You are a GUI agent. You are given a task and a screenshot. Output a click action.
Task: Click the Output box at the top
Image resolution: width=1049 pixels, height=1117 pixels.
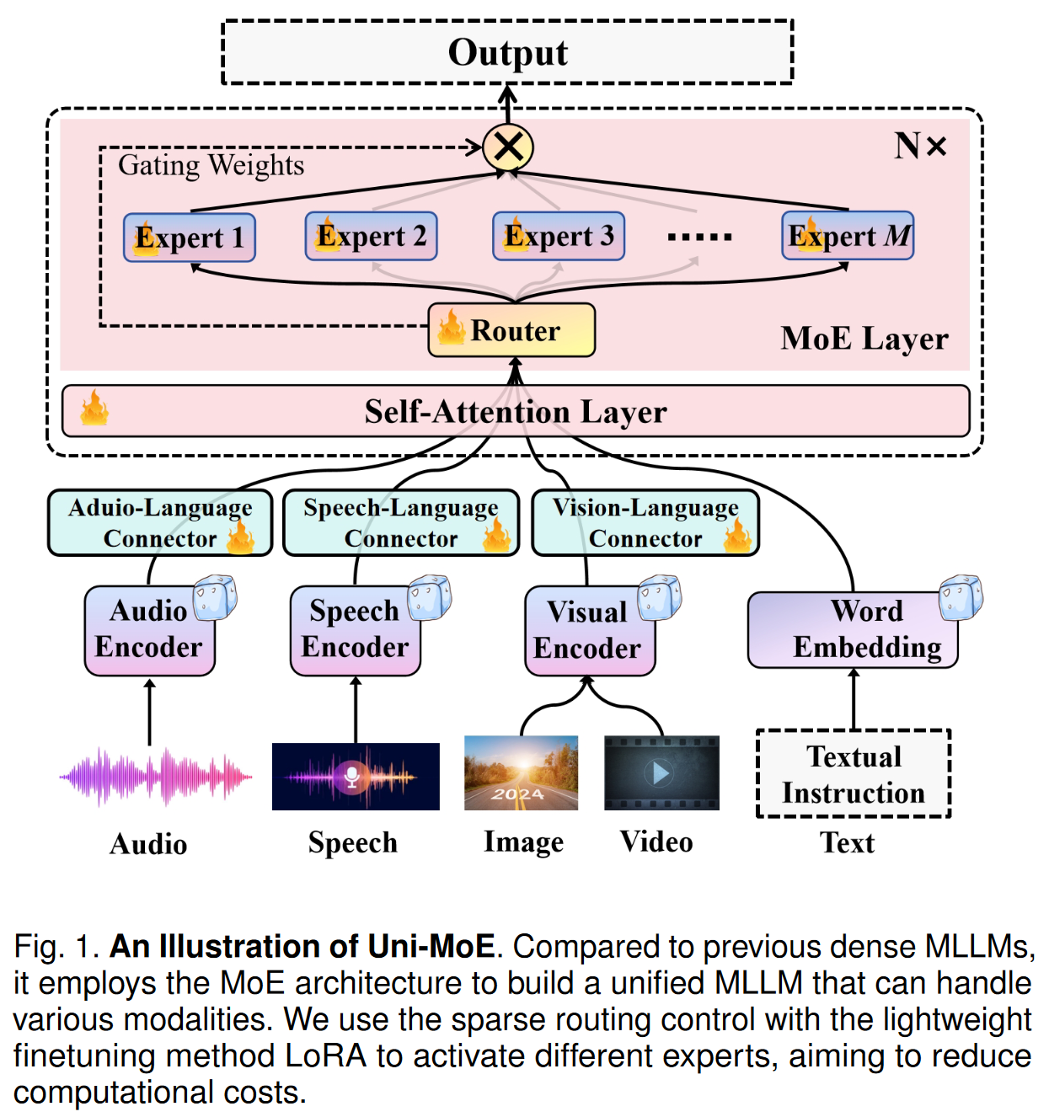(x=507, y=52)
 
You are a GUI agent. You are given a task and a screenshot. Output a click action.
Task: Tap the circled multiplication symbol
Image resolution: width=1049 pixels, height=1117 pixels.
(x=508, y=147)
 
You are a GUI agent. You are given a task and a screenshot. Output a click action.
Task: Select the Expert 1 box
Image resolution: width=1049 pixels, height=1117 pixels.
(x=190, y=238)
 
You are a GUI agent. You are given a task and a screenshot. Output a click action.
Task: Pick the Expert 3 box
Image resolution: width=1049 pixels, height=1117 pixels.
(x=559, y=237)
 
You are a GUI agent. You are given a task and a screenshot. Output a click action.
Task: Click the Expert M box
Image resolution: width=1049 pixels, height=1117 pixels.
(x=848, y=236)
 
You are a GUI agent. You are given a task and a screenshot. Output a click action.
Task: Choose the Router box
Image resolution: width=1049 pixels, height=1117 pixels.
(x=512, y=330)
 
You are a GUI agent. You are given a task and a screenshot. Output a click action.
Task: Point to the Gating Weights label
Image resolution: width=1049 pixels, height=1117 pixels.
(x=211, y=165)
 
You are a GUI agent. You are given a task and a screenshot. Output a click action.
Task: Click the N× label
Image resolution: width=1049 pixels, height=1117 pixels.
(x=920, y=147)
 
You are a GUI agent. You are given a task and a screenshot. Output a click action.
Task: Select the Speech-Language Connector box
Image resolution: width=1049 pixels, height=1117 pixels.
(x=401, y=523)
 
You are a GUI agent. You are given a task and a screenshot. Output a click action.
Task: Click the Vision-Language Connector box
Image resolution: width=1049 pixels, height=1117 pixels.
(x=645, y=523)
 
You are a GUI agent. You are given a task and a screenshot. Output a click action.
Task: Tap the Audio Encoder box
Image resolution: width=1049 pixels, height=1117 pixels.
(x=149, y=630)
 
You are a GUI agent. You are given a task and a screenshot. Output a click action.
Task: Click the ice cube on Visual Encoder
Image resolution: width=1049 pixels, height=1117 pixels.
(x=659, y=598)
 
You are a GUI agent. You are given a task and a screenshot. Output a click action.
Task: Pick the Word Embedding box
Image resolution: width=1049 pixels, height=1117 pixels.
(x=853, y=630)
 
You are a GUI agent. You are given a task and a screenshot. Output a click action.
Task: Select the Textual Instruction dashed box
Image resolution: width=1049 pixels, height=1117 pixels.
(x=854, y=774)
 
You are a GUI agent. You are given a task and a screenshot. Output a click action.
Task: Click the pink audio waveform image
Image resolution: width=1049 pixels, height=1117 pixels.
(x=155, y=776)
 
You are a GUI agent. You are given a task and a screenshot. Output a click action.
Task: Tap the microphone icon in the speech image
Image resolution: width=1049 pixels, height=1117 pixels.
(x=352, y=776)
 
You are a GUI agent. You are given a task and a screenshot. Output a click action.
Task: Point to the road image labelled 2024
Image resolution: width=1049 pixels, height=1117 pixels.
(x=522, y=773)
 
